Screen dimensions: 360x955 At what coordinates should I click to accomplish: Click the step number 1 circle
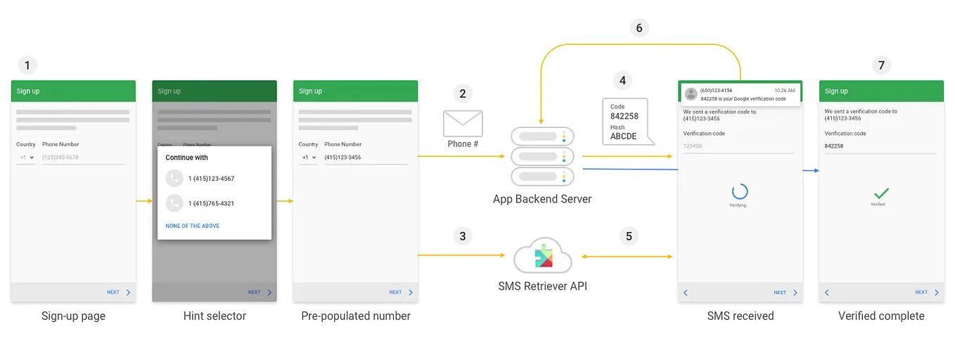pyautogui.click(x=27, y=65)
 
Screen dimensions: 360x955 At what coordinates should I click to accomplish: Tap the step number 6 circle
pyautogui.click(x=639, y=28)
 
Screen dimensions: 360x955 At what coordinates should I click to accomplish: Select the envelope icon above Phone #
pyautogui.click(x=462, y=123)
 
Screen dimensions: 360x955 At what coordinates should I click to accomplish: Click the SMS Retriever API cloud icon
pyautogui.click(x=542, y=256)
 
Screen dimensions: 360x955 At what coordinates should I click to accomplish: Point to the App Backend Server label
pyautogui.click(x=542, y=199)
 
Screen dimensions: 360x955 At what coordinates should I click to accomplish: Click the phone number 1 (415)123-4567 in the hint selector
pyautogui.click(x=211, y=179)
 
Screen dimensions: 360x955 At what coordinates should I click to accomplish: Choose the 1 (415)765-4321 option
pyautogui.click(x=211, y=203)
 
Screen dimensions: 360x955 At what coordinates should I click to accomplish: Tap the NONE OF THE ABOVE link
pyautogui.click(x=192, y=226)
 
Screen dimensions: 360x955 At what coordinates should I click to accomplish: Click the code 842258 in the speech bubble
pyautogui.click(x=624, y=116)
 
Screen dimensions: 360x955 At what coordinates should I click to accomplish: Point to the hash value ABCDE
pyautogui.click(x=623, y=136)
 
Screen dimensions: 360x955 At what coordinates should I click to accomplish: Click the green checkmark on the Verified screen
pyautogui.click(x=881, y=193)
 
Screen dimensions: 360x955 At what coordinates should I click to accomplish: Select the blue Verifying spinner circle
pyautogui.click(x=739, y=191)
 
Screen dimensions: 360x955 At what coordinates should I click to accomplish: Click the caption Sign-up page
pyautogui.click(x=73, y=316)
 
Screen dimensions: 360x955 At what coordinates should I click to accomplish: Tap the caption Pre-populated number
pyautogui.click(x=355, y=316)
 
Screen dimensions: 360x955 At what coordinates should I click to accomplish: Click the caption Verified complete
pyautogui.click(x=881, y=316)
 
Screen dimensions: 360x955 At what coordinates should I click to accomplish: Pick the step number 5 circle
pyautogui.click(x=629, y=236)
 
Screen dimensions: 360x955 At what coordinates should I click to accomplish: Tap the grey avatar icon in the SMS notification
pyautogui.click(x=691, y=94)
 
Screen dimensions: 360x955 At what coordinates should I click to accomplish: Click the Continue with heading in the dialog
pyautogui.click(x=186, y=157)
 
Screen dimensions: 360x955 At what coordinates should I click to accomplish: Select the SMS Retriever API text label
pyautogui.click(x=542, y=286)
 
